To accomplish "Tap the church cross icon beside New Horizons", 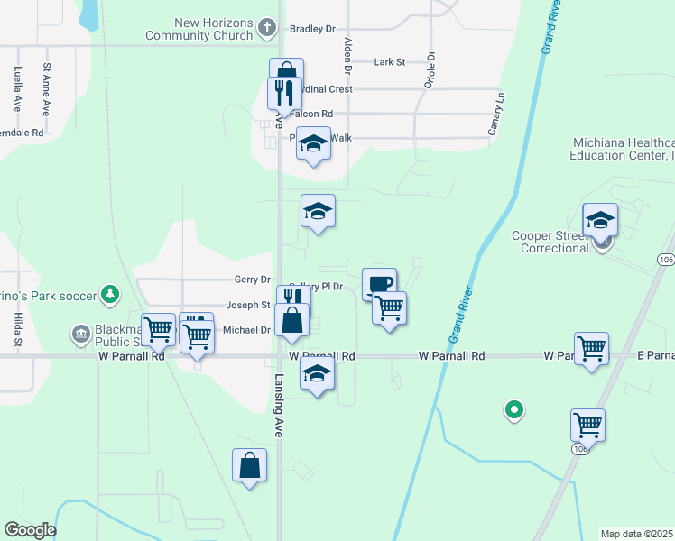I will [x=266, y=28].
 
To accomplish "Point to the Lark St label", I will [x=390, y=62].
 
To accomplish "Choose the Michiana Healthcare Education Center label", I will [x=623, y=149].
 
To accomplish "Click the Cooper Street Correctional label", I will [x=550, y=242].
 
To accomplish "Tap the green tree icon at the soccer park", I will [x=109, y=294].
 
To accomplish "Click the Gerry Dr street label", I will [x=252, y=280].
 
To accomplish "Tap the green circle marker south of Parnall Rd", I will [x=514, y=411].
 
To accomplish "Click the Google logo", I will [x=31, y=530].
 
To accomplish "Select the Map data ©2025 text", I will [x=636, y=534].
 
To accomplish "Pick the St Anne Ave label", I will [x=46, y=88].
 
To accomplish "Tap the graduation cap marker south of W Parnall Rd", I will [x=317, y=374].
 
